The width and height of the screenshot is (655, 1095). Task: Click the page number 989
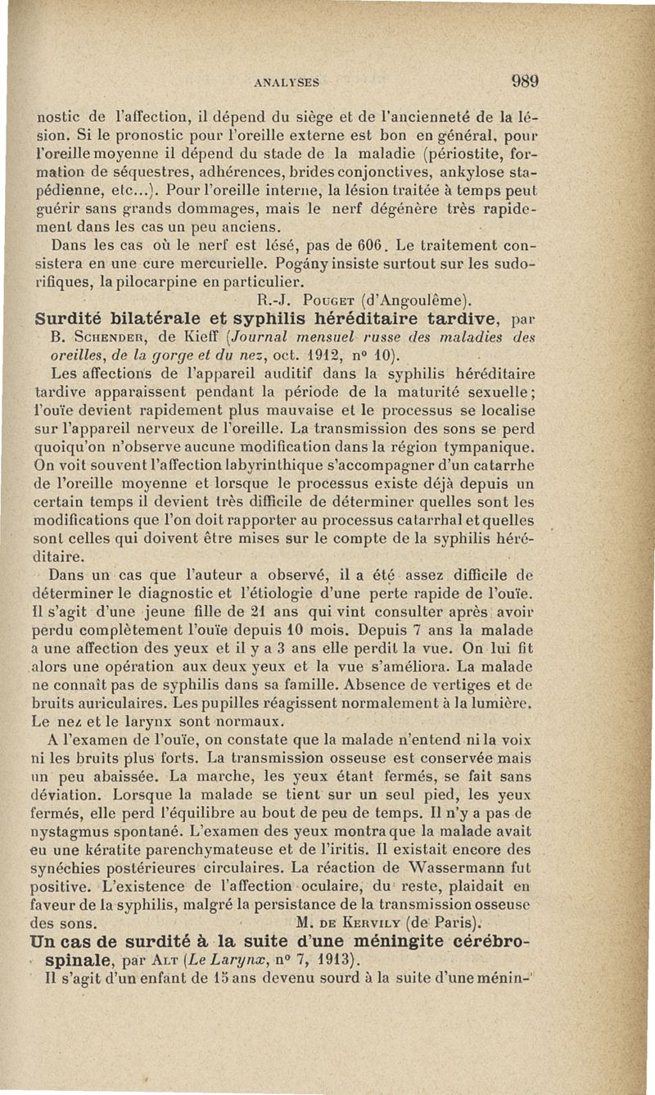525,81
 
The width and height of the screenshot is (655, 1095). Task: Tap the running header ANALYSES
287,83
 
